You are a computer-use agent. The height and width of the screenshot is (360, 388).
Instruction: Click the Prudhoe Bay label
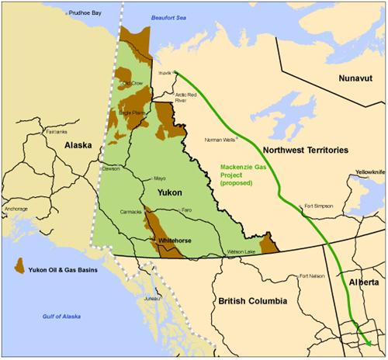(85, 13)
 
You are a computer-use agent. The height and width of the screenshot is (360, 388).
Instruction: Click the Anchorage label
(17, 209)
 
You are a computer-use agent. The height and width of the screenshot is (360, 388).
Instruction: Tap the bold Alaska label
(78, 146)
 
